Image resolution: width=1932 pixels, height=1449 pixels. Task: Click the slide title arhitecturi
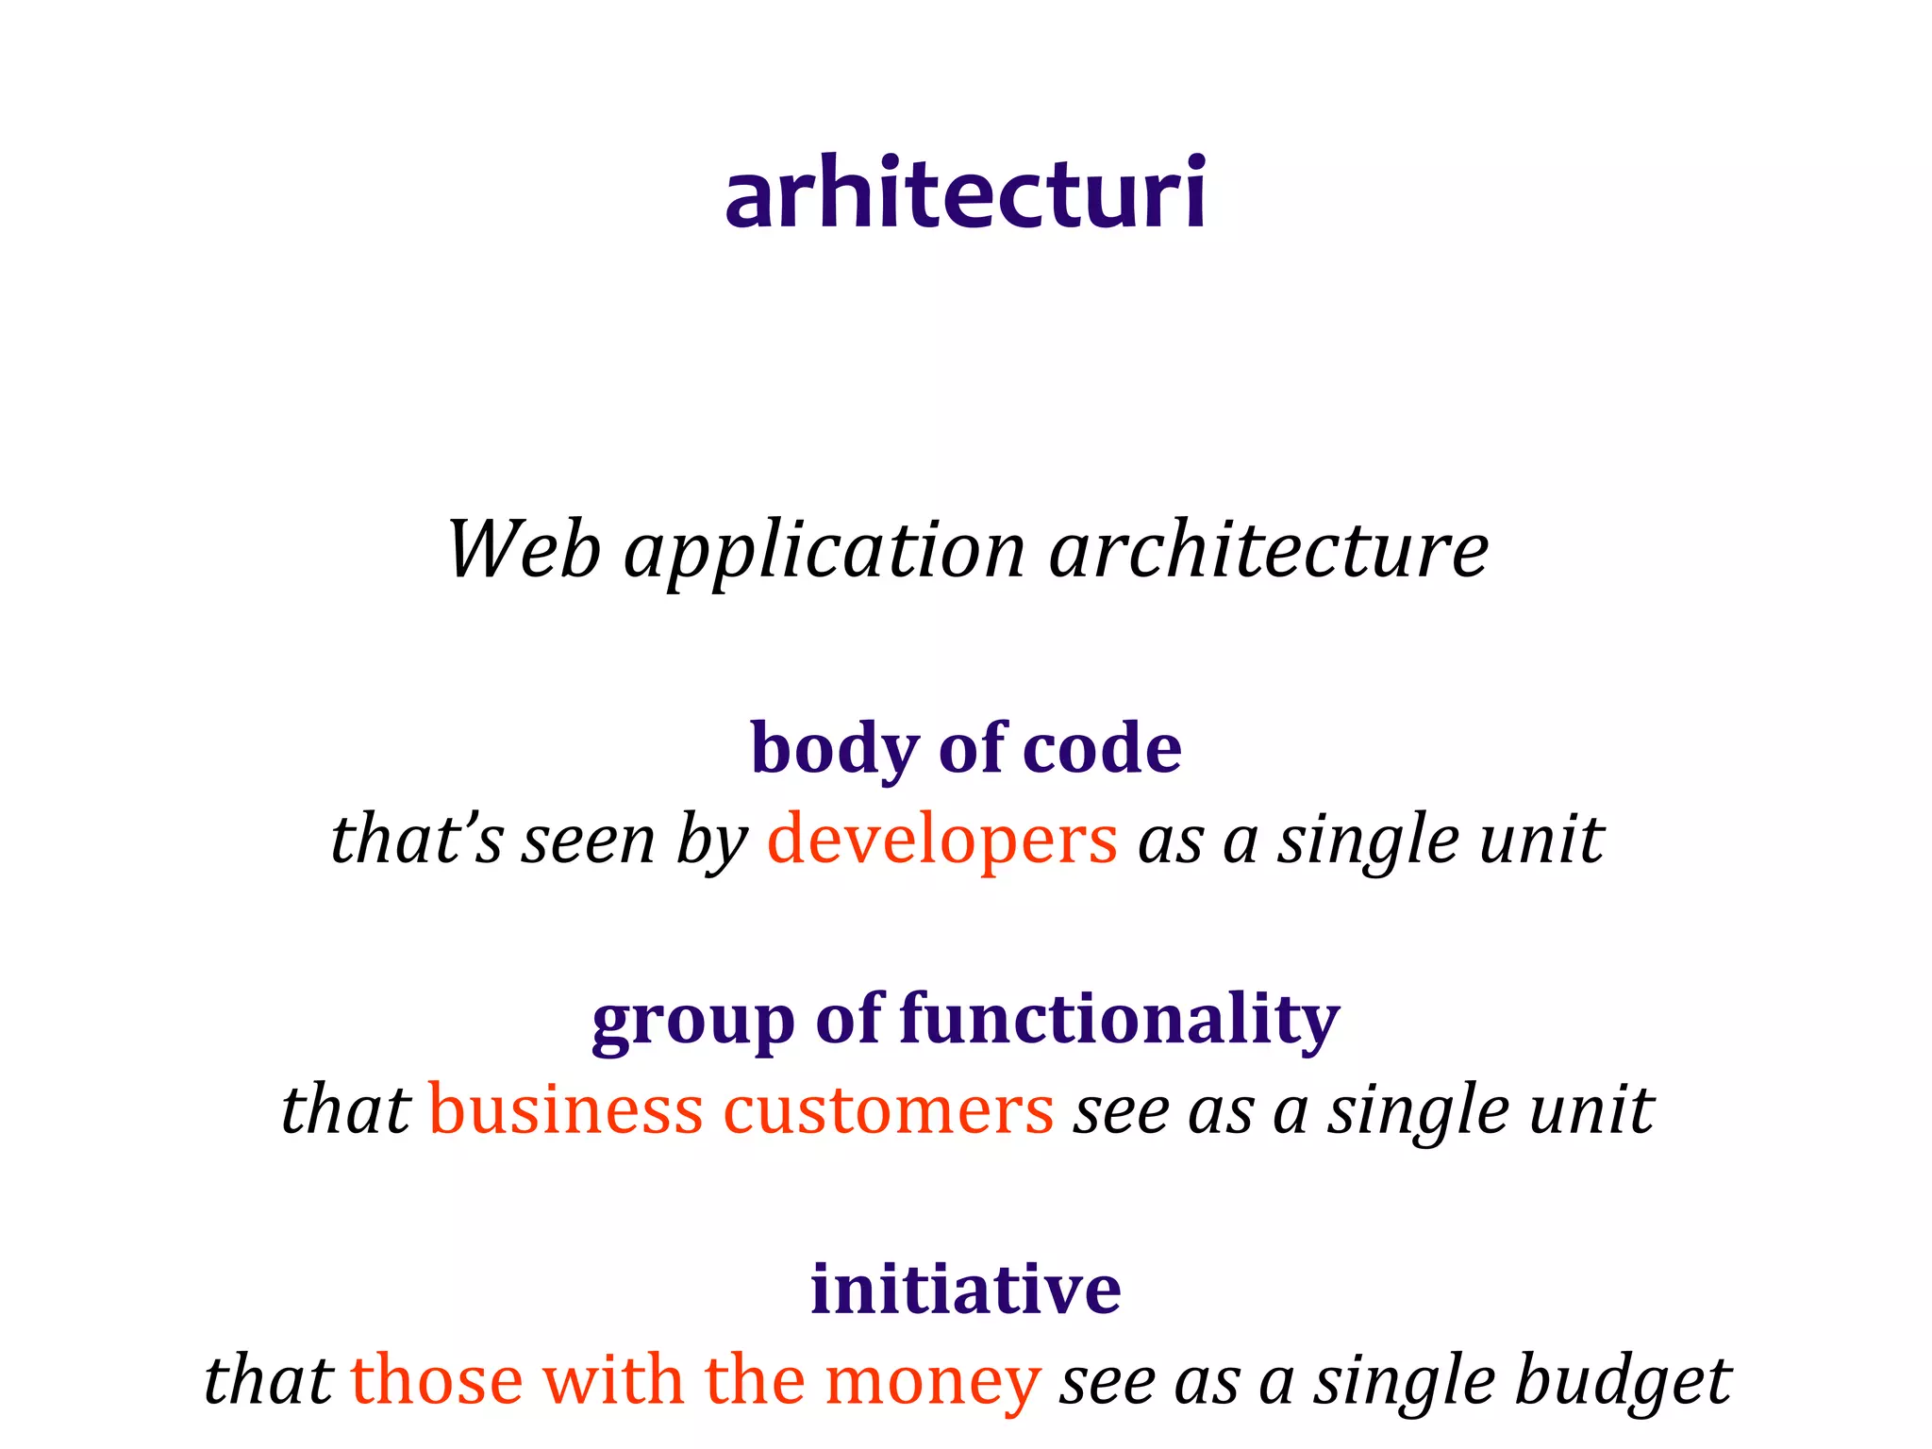[x=965, y=193]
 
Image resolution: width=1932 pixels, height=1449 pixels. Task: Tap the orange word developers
[x=942, y=841]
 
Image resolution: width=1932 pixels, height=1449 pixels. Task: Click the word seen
[x=589, y=841]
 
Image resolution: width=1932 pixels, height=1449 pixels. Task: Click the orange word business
[x=566, y=1109]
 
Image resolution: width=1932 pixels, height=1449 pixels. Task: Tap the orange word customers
[x=888, y=1111]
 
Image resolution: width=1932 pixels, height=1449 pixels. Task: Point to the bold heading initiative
[x=965, y=1289]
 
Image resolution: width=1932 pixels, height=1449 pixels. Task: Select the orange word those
[x=437, y=1381]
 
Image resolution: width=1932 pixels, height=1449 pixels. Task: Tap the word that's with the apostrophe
[x=417, y=840]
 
